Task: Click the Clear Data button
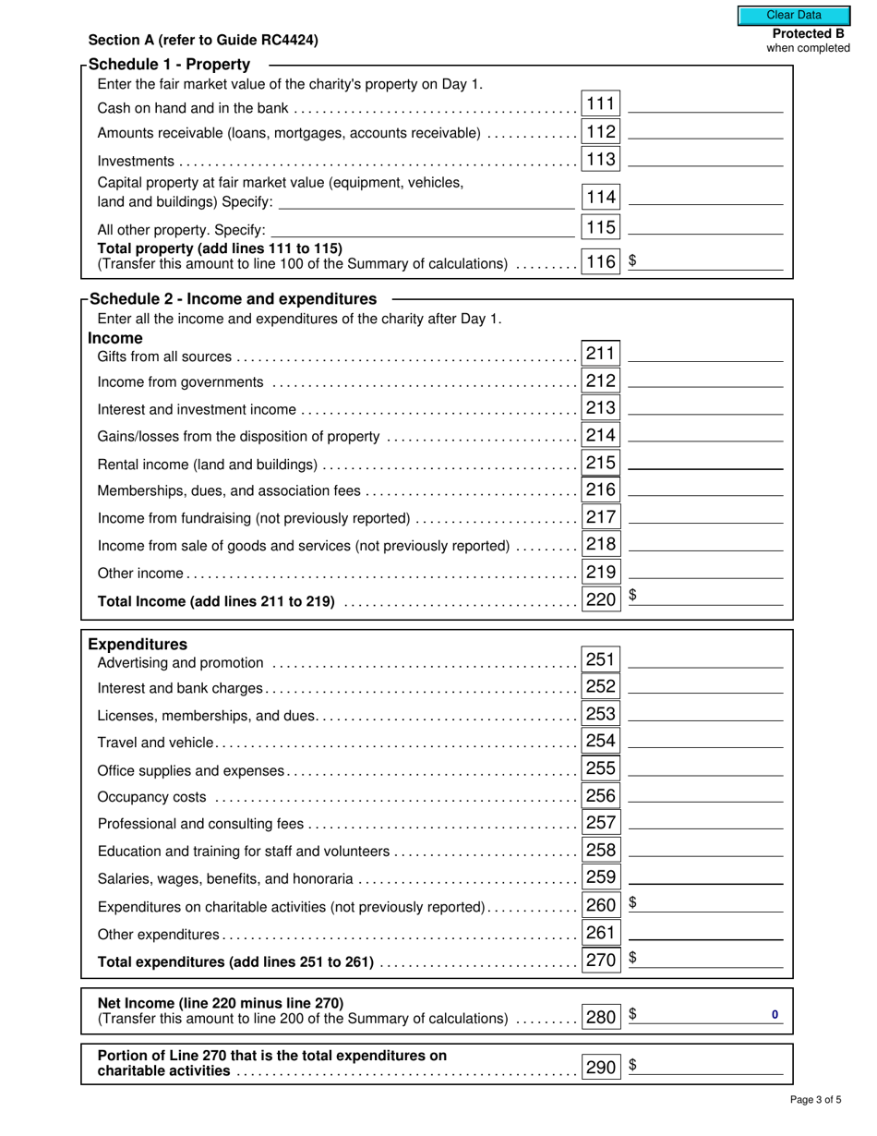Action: point(793,15)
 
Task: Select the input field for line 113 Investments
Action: point(705,159)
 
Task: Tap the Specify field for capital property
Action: point(426,201)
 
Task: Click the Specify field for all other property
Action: point(422,229)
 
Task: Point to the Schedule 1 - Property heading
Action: point(170,65)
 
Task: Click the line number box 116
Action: point(601,262)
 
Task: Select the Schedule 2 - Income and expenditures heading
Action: point(233,299)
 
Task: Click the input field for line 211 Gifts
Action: point(705,353)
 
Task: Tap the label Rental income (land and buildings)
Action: point(208,465)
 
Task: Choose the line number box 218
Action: point(601,545)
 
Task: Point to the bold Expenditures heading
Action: point(138,645)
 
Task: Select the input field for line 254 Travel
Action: point(705,741)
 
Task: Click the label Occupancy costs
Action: point(152,797)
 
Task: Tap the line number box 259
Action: point(601,877)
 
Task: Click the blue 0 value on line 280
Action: point(775,1015)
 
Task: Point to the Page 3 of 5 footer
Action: point(815,1100)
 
